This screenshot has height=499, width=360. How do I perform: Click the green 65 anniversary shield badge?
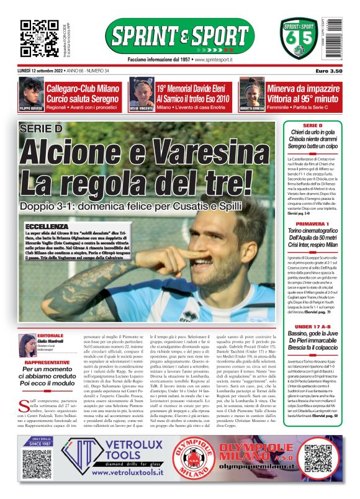point(299,39)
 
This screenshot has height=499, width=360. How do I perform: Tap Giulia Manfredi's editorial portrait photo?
point(27,342)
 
